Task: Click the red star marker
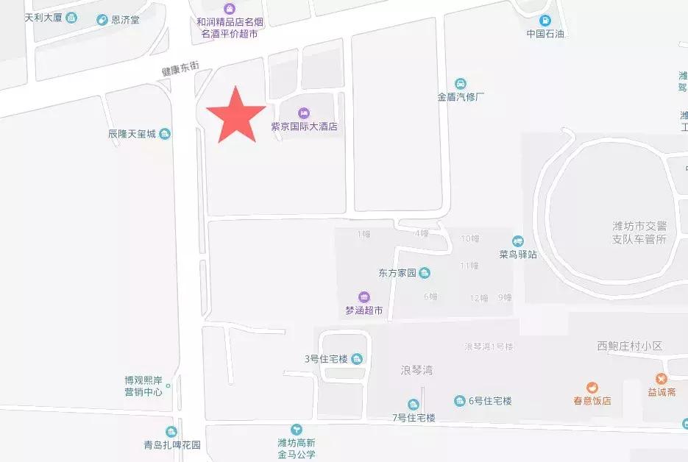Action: click(x=235, y=115)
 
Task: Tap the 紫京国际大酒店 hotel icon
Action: click(x=303, y=112)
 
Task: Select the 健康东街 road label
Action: click(x=181, y=69)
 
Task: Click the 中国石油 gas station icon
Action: click(x=545, y=20)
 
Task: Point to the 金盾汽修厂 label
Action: click(x=461, y=96)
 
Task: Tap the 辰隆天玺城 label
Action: click(x=132, y=134)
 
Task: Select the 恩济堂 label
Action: click(x=124, y=20)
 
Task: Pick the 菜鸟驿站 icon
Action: click(x=518, y=241)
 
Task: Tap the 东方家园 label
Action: click(x=397, y=273)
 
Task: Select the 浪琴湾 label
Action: click(x=416, y=370)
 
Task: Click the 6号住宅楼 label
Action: click(x=489, y=401)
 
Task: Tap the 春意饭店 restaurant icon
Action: click(x=592, y=388)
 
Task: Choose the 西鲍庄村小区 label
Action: click(x=630, y=345)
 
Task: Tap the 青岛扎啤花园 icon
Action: click(x=171, y=432)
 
